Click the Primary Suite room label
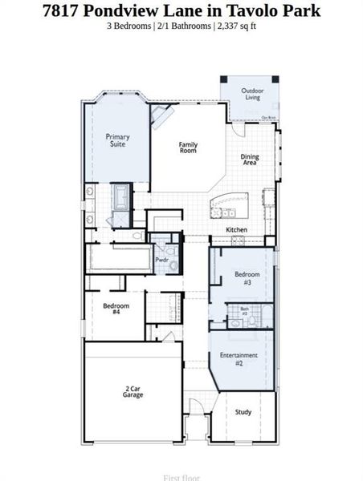(x=118, y=140)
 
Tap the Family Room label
(x=188, y=148)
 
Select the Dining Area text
(x=250, y=160)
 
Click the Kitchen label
(x=236, y=230)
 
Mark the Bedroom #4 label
(x=111, y=309)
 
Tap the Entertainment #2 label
(x=239, y=358)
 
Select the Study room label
(x=243, y=412)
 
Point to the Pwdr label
(x=161, y=260)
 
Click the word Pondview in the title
(x=143, y=10)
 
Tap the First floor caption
(x=181, y=477)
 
